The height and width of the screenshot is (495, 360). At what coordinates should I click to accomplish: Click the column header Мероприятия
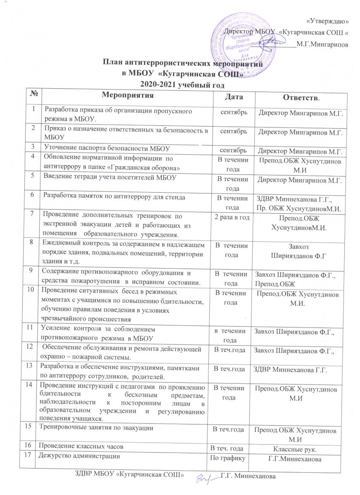[x=127, y=96]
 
